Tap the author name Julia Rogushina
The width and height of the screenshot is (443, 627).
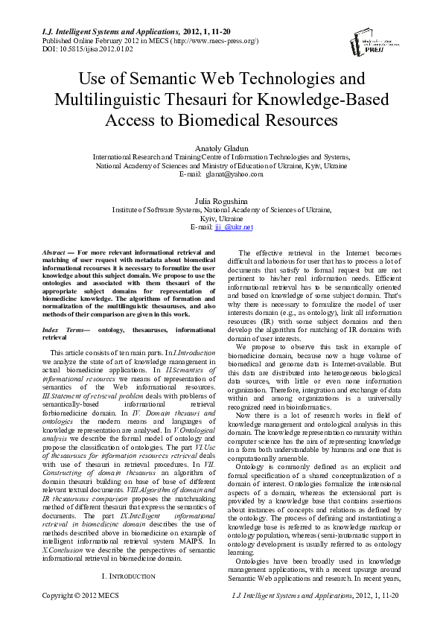click(220, 200)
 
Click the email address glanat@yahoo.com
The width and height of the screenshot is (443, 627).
click(235, 174)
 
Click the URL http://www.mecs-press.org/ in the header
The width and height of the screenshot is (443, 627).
click(216, 40)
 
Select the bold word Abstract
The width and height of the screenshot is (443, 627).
click(55, 253)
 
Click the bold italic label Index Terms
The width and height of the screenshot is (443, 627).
click(62, 329)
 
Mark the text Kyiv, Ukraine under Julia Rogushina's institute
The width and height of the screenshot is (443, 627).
click(221, 219)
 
